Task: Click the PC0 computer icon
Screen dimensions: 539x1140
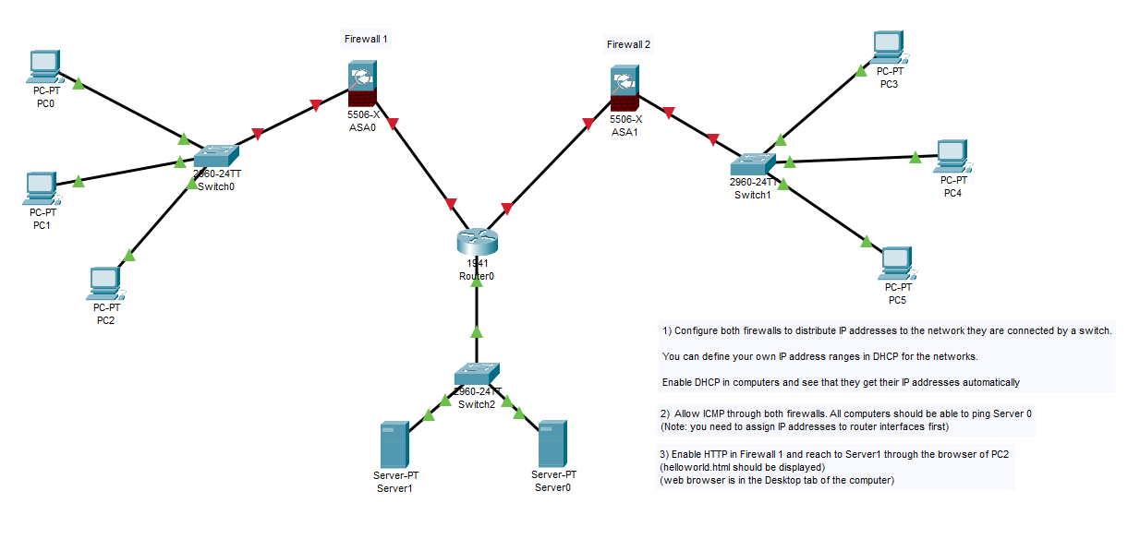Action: coord(43,67)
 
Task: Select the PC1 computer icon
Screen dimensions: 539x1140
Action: coord(41,187)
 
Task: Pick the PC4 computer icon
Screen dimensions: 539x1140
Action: coord(952,156)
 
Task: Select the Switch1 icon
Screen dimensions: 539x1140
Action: coord(751,164)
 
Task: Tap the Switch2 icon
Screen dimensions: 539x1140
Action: coord(476,374)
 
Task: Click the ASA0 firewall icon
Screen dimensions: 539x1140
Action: coord(362,85)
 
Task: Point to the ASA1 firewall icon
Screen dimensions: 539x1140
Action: coord(625,90)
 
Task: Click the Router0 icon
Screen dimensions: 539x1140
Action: coord(477,241)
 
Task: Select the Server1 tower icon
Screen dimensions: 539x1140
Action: coord(394,445)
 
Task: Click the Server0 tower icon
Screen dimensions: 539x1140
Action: coord(552,444)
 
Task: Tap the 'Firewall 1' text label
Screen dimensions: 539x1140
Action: coord(366,40)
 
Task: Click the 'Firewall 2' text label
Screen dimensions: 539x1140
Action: coord(628,44)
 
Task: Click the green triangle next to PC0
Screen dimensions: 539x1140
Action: coord(79,84)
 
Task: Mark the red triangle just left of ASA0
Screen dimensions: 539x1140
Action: coord(317,104)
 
